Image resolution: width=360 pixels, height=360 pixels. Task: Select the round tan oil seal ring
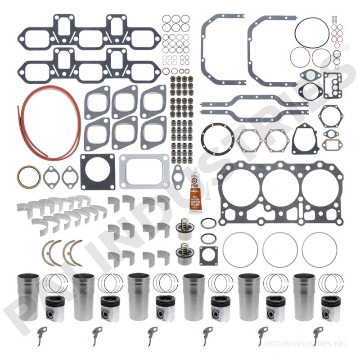pyautogui.click(x=29, y=176)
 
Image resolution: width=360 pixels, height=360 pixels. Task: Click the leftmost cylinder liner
pyautogui.click(x=28, y=297)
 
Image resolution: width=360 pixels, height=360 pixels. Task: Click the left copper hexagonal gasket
pyautogui.click(x=249, y=140)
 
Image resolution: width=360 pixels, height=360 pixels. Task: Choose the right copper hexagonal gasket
pyautogui.click(x=276, y=140)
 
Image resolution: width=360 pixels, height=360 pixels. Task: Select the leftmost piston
pyautogui.click(x=55, y=309)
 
